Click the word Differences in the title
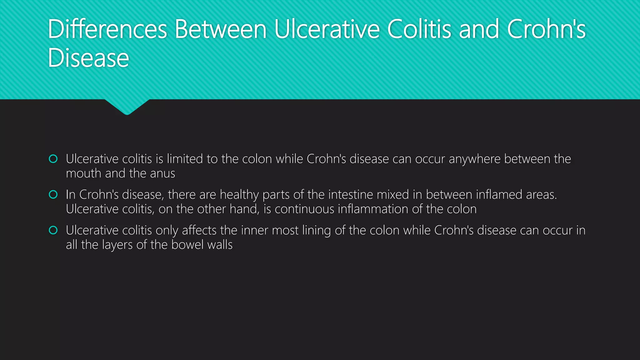(107, 29)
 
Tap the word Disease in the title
(88, 58)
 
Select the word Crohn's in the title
(546, 29)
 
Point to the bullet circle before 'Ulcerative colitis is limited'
(53, 159)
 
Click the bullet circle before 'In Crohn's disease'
(53, 195)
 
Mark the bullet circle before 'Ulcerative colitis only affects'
(53, 230)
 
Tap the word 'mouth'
(84, 173)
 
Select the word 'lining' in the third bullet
(317, 230)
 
